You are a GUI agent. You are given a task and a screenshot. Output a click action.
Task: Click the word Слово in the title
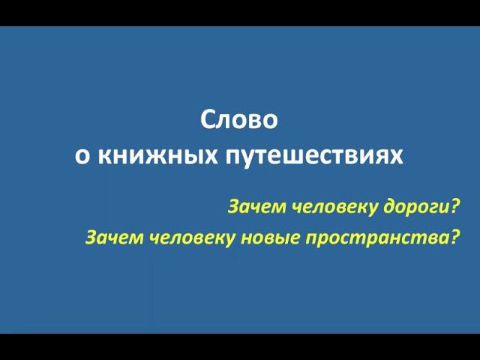[x=239, y=121]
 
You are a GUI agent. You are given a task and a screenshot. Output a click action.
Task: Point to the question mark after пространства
[x=453, y=238]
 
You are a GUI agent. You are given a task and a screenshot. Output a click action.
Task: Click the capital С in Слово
[x=208, y=121]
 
